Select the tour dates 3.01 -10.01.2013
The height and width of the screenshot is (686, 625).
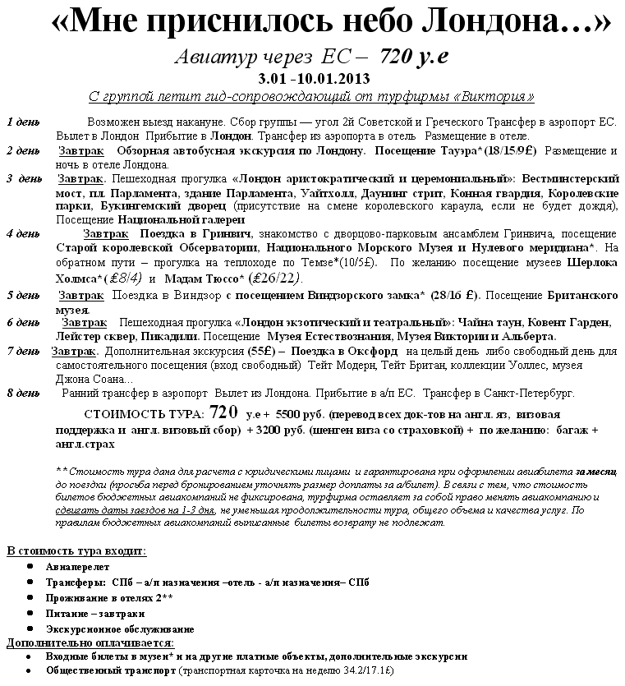coord(313,79)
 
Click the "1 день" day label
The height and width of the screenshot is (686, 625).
coord(22,122)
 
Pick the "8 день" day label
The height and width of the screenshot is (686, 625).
coord(22,393)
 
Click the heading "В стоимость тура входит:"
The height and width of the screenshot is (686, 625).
coord(76,550)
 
